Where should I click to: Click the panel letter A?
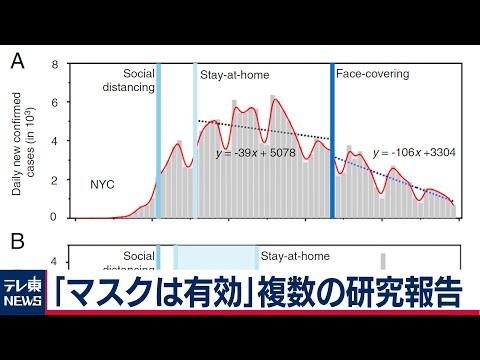(17, 63)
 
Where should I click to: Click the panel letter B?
(17, 240)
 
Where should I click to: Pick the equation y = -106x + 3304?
(415, 153)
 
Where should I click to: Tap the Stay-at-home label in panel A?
(235, 75)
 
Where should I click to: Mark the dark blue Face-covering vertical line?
(332, 140)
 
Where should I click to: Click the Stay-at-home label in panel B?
(295, 256)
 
